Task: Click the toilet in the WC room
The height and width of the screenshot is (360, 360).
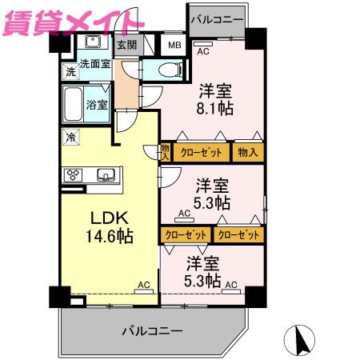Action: tap(170, 70)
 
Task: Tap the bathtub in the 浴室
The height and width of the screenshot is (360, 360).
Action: tap(74, 104)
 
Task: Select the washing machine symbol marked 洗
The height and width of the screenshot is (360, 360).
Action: tap(70, 71)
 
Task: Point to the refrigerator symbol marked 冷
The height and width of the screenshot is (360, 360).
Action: tap(71, 137)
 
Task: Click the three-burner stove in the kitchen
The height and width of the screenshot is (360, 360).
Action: tap(73, 175)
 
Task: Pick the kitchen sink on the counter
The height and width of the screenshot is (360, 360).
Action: tap(106, 175)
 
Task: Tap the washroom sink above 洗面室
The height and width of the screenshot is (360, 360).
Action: tap(93, 42)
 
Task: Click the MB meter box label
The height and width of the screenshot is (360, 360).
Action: tap(174, 46)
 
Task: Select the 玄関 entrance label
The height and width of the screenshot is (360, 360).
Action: tap(127, 45)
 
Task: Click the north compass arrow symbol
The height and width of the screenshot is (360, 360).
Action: tap(300, 340)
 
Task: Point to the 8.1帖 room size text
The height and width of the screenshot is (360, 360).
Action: tap(215, 109)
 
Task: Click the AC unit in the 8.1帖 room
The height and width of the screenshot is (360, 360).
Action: tap(203, 44)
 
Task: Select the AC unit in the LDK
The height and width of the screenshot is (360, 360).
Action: tap(144, 291)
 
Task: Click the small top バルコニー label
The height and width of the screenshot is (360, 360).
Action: tap(217, 19)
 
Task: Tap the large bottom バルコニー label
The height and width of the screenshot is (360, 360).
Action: tap(153, 331)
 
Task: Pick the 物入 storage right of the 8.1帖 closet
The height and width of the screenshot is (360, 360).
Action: tap(248, 153)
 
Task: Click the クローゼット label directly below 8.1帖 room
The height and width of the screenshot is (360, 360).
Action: tap(202, 153)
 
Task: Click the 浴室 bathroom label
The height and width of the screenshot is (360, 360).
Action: tap(97, 105)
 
